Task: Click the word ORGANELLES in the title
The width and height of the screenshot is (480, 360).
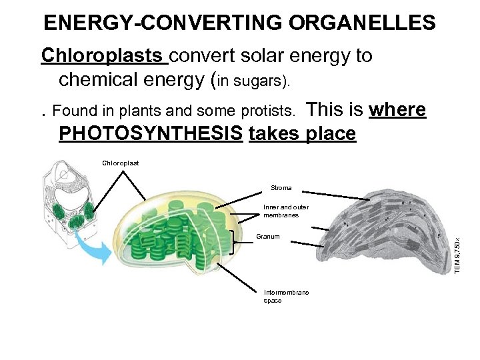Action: tap(363, 23)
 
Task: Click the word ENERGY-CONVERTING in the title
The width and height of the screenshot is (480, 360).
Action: tap(164, 23)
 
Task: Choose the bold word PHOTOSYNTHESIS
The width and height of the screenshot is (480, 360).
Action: tap(151, 134)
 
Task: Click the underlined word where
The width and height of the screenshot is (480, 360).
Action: tap(397, 109)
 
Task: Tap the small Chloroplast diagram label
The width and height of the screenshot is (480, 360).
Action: tap(121, 162)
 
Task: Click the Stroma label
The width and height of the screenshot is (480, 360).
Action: tap(281, 188)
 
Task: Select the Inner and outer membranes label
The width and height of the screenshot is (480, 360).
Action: tap(285, 211)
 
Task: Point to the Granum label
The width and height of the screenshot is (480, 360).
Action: tap(268, 237)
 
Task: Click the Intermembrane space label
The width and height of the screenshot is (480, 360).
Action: tap(286, 297)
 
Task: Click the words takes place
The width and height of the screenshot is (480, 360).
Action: tap(302, 134)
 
